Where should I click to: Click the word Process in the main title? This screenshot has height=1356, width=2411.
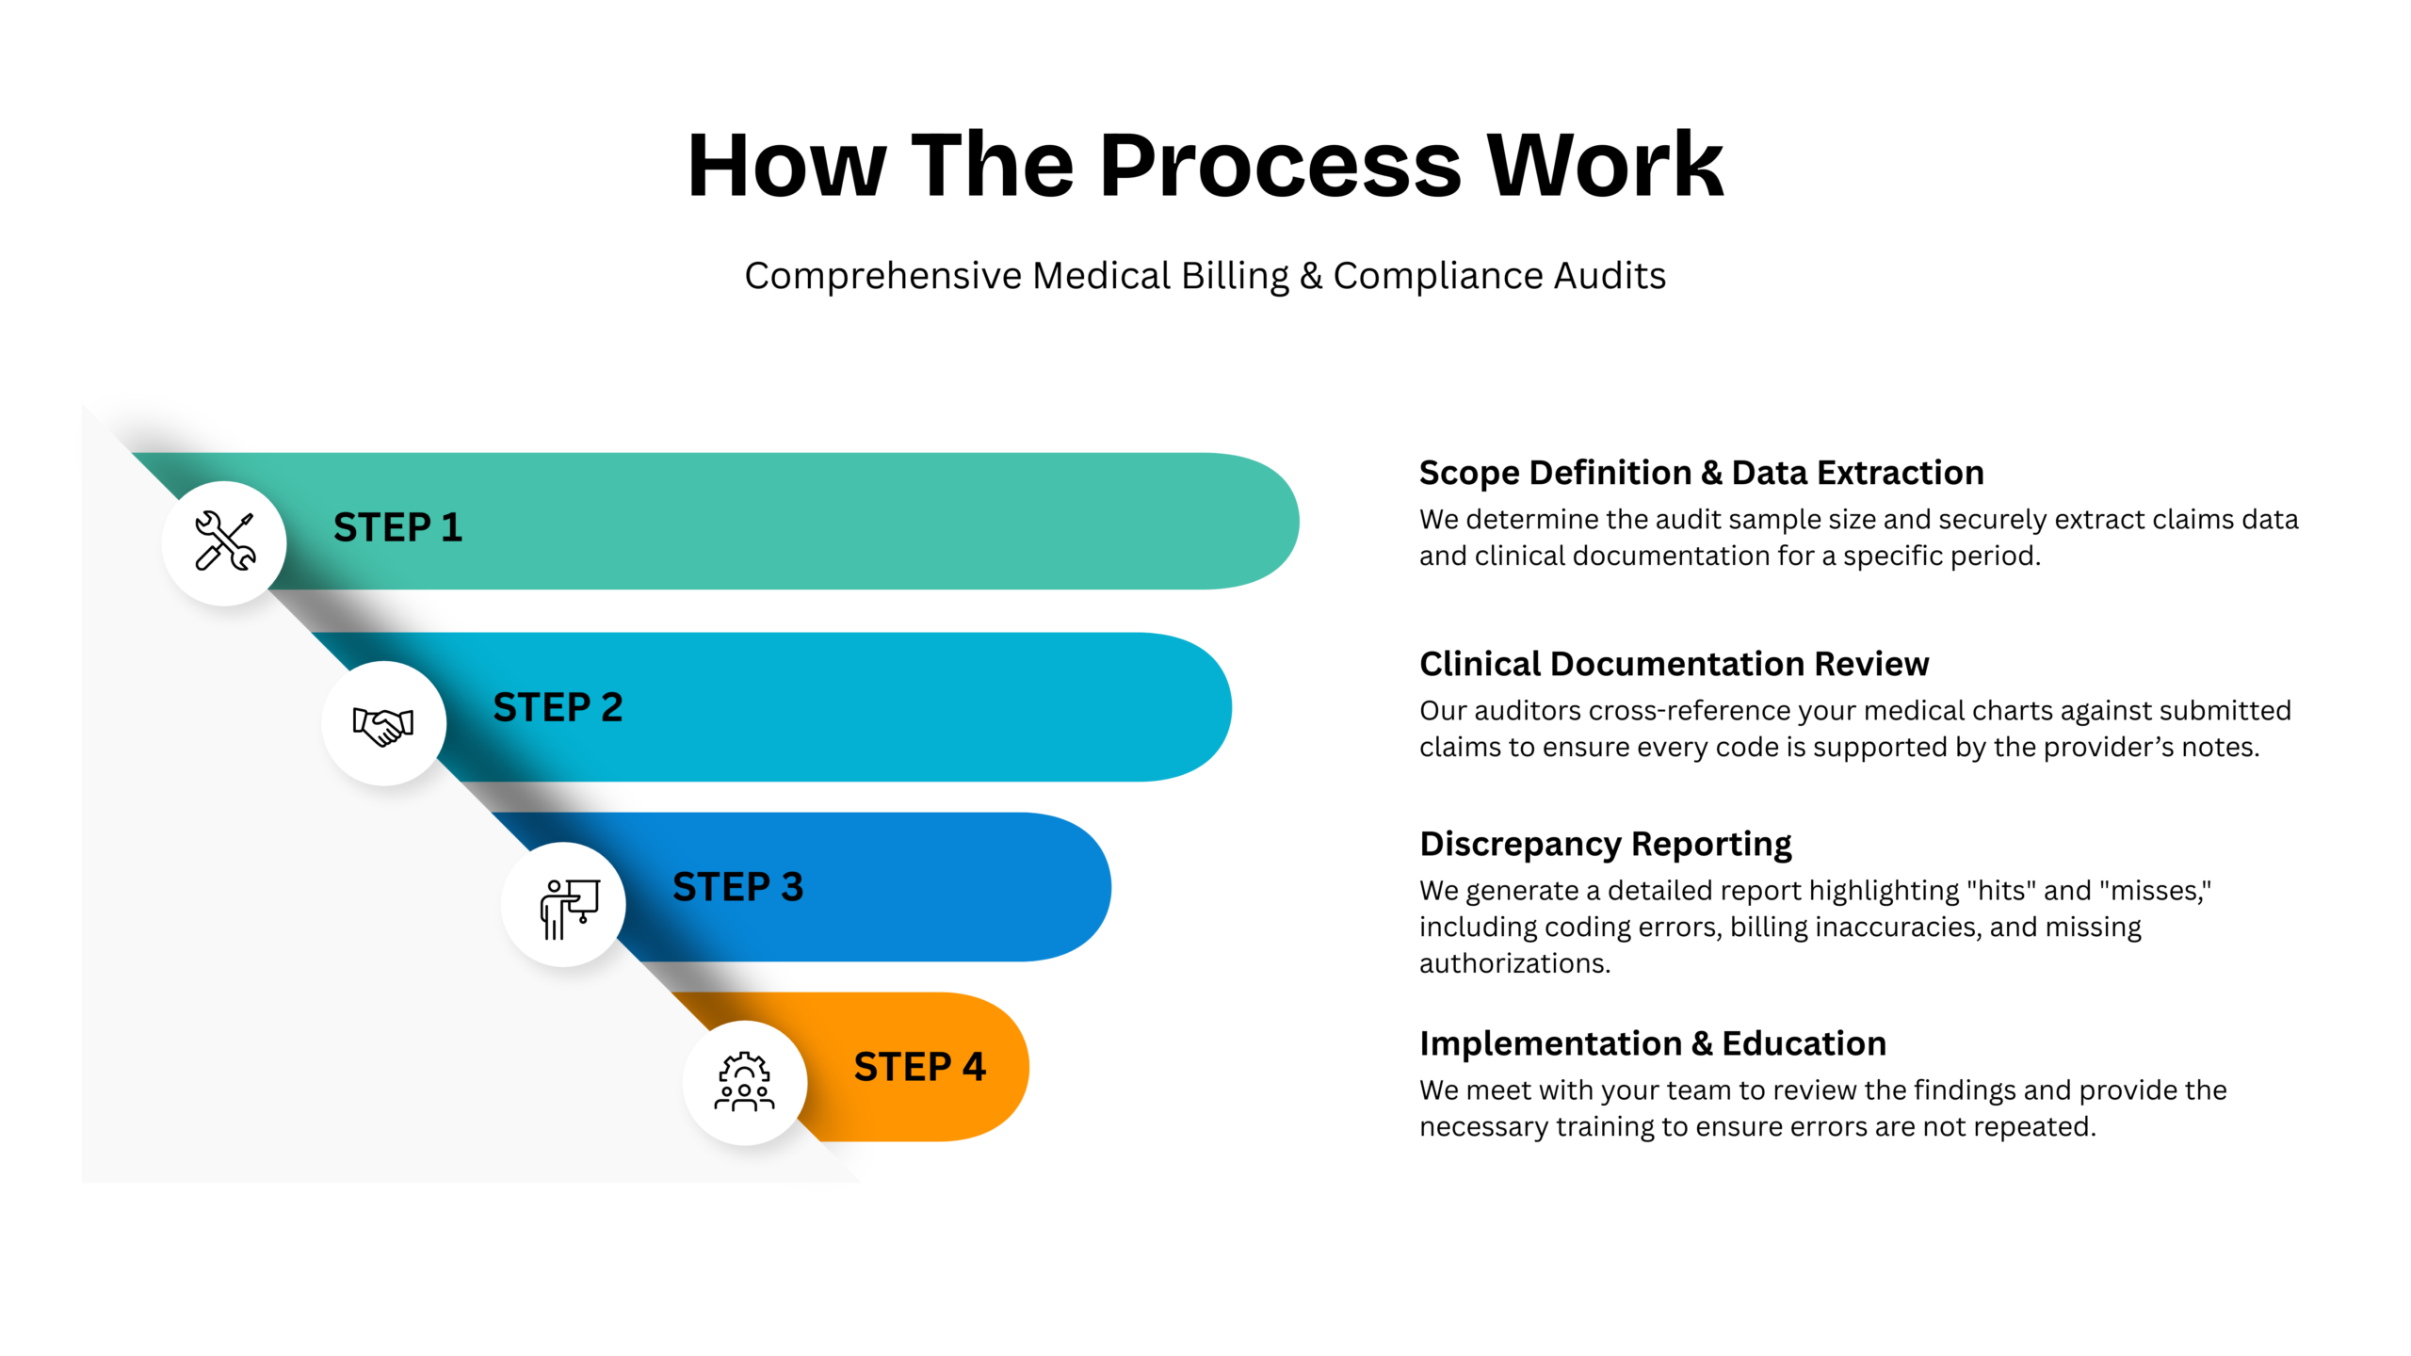coord(1280,167)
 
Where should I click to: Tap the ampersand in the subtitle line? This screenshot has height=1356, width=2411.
coord(1310,276)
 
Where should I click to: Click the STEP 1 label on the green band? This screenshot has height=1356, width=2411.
coord(397,527)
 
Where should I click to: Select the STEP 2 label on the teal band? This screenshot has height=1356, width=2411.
coord(558,707)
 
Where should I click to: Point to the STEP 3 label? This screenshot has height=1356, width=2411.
coord(737,887)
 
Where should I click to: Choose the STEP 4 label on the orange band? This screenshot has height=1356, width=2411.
coord(919,1067)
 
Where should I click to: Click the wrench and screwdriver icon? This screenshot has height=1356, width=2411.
coord(224,541)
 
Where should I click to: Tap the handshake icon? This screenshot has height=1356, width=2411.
coord(383,724)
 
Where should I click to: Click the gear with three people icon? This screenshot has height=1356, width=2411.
coord(744,1082)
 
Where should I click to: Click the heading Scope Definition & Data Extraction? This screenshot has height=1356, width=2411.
coord(1701,473)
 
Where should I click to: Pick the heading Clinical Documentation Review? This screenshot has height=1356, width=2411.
coord(1674,664)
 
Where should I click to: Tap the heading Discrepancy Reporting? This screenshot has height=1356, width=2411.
coord(1605,844)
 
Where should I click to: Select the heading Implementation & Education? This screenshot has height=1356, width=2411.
coord(1653,1043)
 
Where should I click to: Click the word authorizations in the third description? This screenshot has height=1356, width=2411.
coord(1513,963)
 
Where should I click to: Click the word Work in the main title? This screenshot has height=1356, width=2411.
coord(1605,167)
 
